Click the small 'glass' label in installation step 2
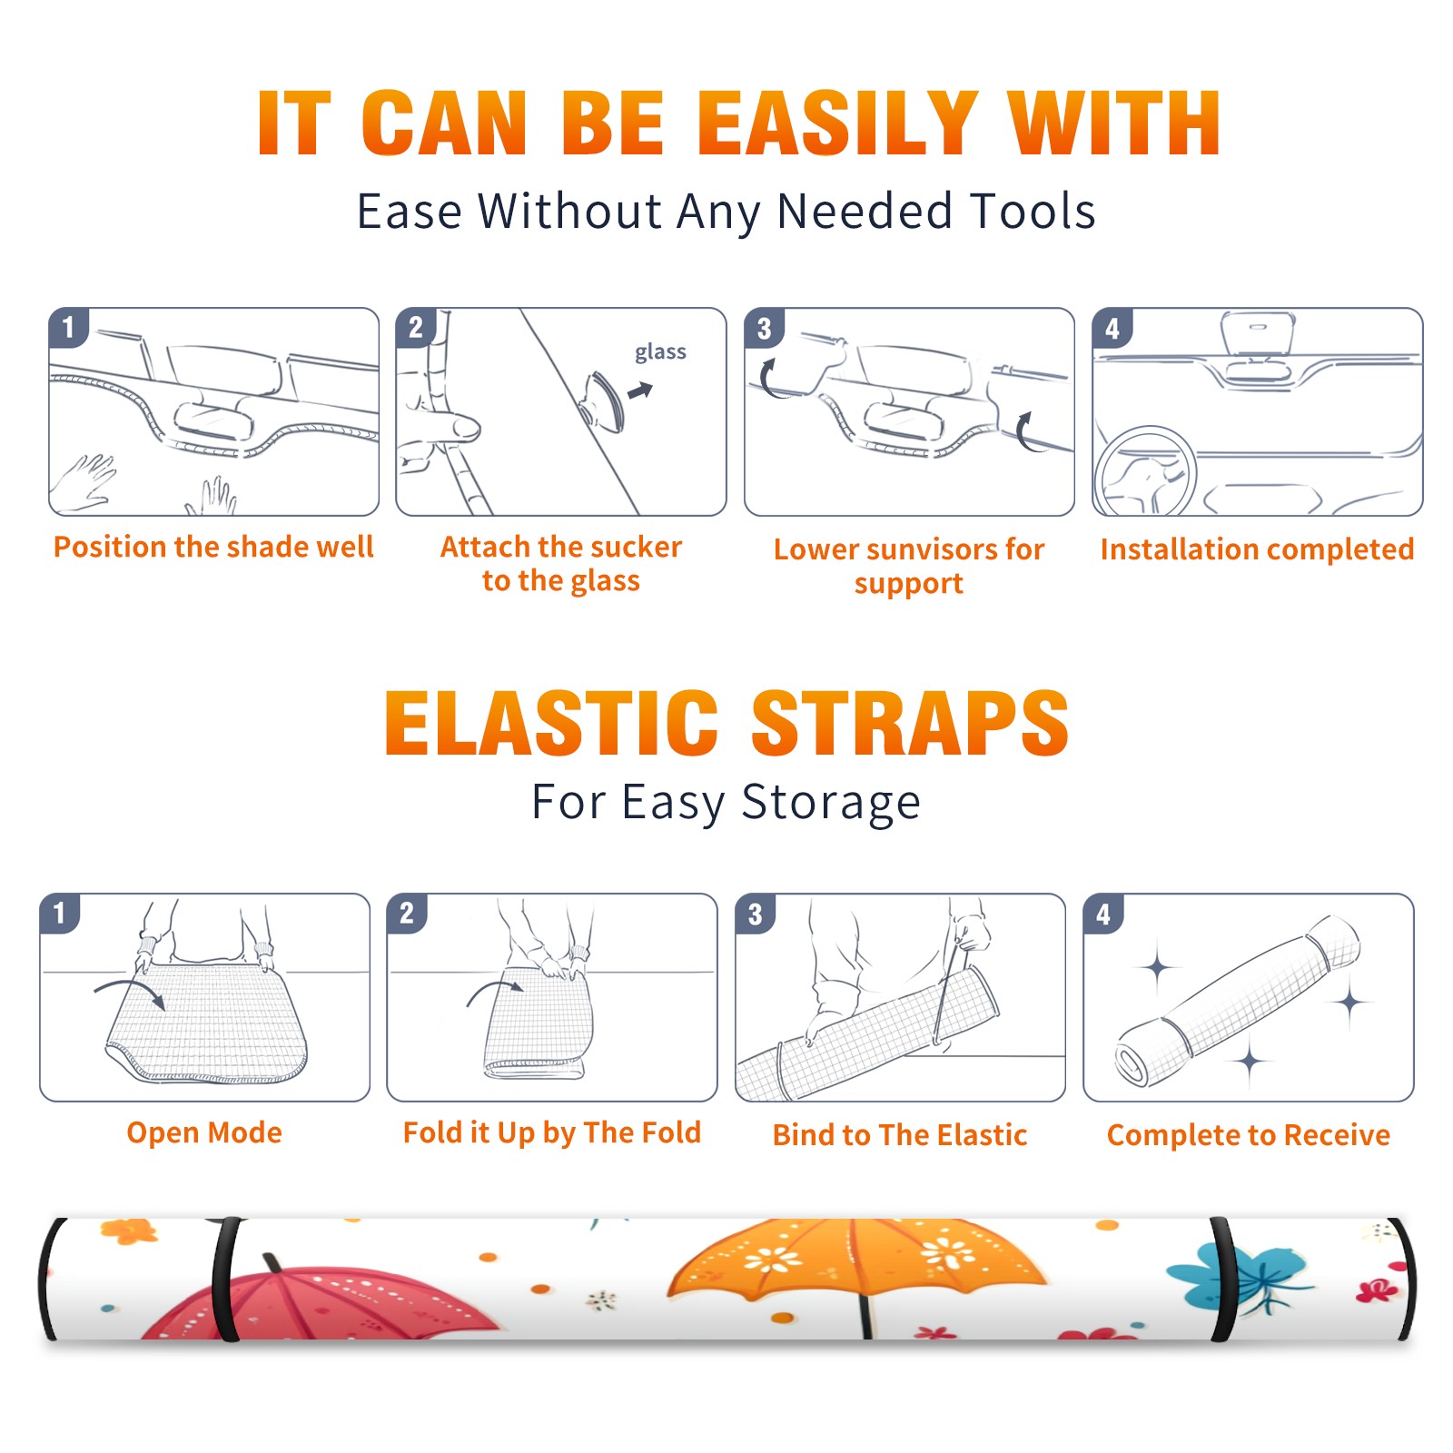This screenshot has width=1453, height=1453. point(660,352)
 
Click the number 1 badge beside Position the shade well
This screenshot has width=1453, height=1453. point(68,327)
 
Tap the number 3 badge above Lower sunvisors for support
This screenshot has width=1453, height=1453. point(764,327)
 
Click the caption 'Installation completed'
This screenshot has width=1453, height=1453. point(1257,549)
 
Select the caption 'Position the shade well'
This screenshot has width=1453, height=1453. point(213,547)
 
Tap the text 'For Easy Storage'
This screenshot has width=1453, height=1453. point(726,802)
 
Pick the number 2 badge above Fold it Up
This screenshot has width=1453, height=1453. point(406,913)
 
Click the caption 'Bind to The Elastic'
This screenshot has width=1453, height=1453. point(899,1135)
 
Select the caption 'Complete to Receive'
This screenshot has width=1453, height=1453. point(1248,1135)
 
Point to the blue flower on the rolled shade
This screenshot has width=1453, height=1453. point(1240,1276)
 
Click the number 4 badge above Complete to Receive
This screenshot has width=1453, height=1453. point(1103,913)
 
